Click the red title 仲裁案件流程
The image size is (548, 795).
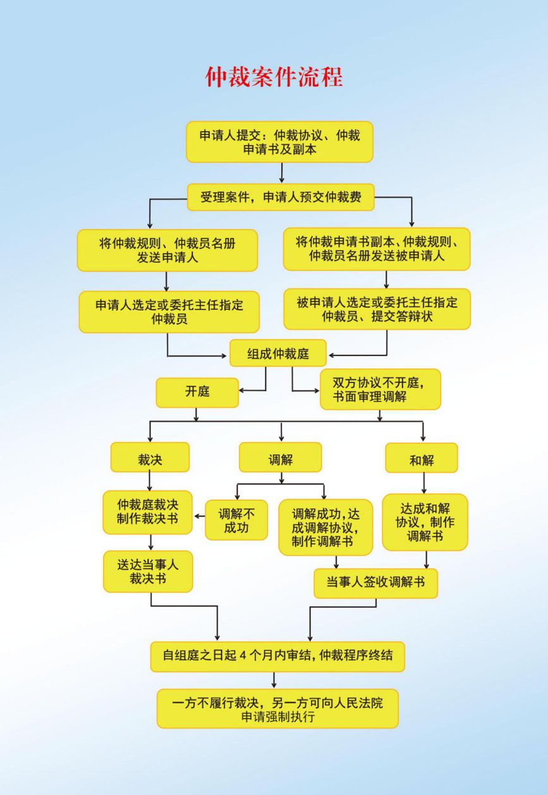point(274,77)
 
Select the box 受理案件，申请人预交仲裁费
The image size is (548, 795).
point(281,197)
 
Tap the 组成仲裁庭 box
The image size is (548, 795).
point(278,353)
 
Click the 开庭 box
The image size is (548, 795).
point(197,393)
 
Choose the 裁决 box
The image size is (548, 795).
point(150,457)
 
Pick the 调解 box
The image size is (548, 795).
point(281,457)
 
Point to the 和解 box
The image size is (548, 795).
point(422,458)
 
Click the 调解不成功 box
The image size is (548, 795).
point(236,520)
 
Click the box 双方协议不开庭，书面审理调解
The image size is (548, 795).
point(381,390)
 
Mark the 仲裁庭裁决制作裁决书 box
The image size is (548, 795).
point(148,512)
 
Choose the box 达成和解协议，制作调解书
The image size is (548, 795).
point(425,522)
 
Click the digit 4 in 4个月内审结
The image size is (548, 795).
point(243,655)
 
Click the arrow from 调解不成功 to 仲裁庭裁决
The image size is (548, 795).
point(200,516)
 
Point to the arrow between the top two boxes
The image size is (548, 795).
point(282,173)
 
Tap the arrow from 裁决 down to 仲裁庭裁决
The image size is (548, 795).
point(150,481)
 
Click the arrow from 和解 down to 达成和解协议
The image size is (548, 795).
point(424,483)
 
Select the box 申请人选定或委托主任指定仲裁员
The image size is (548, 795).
point(169,312)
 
